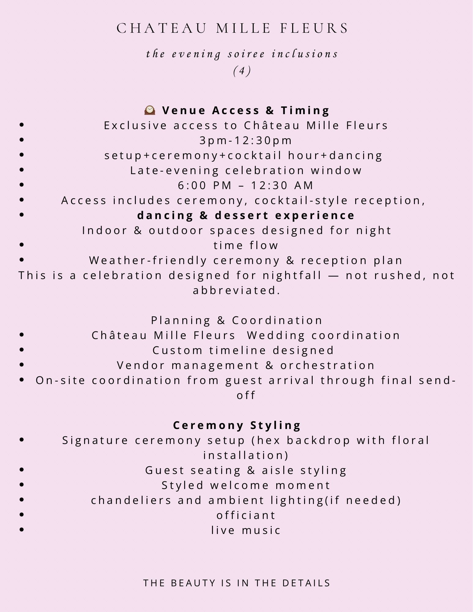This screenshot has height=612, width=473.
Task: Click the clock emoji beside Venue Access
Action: pyautogui.click(x=150, y=110)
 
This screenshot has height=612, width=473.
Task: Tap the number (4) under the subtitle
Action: pyautogui.click(x=242, y=71)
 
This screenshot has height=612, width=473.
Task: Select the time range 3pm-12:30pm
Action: pyautogui.click(x=246, y=140)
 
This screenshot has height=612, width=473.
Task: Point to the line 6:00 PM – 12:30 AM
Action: pyautogui.click(x=246, y=185)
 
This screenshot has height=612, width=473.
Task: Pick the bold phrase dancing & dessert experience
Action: pyautogui.click(x=246, y=215)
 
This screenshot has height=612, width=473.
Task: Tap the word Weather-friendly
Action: pyautogui.click(x=148, y=260)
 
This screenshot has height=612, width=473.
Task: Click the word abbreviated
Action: pyautogui.click(x=236, y=290)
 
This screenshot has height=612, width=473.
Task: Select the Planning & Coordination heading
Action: pyautogui.click(x=237, y=320)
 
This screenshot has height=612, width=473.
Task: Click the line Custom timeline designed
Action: pyautogui.click(x=243, y=350)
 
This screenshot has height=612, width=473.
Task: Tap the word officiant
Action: pyautogui.click(x=246, y=515)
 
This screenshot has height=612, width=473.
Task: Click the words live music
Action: pyautogui.click(x=246, y=530)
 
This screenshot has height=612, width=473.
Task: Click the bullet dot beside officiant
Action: pyautogui.click(x=21, y=515)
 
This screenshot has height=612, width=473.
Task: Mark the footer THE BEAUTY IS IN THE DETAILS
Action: pyautogui.click(x=237, y=583)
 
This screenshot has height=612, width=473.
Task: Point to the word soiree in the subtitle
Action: pyautogui.click(x=246, y=54)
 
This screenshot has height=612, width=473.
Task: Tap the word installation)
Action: pyautogui.click(x=246, y=455)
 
